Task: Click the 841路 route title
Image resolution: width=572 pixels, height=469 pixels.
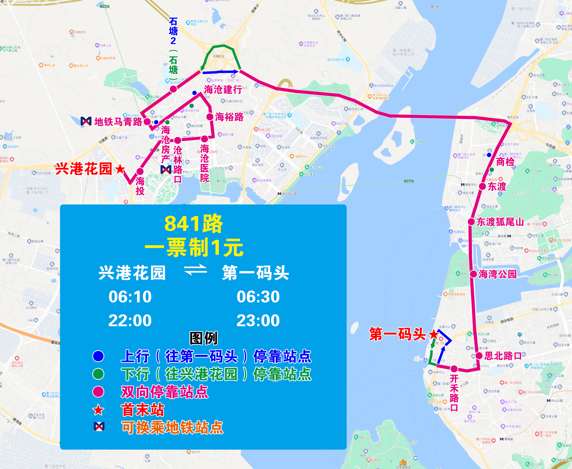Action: (194, 224)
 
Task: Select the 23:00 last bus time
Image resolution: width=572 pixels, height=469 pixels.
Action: (258, 320)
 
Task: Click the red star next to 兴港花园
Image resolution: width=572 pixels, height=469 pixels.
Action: (120, 169)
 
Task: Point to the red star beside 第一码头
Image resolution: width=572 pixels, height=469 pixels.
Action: (434, 335)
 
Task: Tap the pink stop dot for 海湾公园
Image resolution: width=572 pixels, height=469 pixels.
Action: (473, 274)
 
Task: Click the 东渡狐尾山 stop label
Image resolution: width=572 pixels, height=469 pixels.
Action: (500, 222)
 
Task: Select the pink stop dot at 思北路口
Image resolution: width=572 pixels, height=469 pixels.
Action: (479, 356)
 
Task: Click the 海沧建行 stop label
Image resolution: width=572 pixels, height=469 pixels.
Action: (223, 89)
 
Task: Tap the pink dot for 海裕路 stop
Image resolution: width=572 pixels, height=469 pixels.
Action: (210, 117)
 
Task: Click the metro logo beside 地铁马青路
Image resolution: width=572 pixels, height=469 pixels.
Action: (86, 121)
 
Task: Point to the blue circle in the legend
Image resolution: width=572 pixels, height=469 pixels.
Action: (98, 356)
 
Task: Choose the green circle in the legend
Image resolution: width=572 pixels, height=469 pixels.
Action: (98, 374)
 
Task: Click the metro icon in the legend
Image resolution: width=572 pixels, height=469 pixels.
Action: (99, 426)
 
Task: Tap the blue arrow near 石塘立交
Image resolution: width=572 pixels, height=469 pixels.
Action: (220, 72)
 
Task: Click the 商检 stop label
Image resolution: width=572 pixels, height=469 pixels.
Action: (505, 162)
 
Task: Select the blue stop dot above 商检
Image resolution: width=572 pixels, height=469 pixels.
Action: (489, 155)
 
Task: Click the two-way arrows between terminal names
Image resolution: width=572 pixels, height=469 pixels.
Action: (195, 270)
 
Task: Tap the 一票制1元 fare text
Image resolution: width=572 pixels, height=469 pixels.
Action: (194, 248)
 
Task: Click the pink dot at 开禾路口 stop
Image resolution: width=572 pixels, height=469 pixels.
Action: (454, 368)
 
